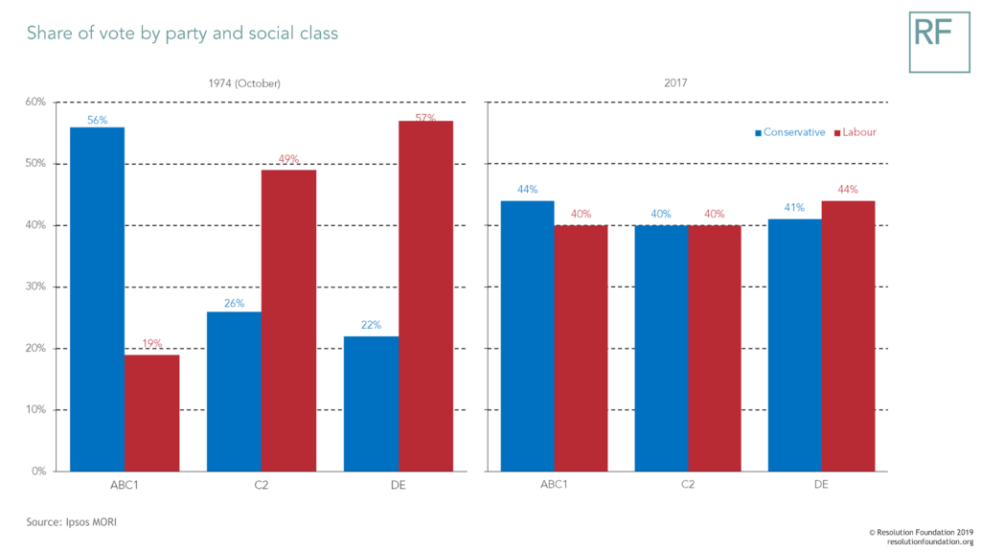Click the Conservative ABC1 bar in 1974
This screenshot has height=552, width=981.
(97, 299)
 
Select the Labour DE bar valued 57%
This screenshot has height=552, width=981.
(426, 296)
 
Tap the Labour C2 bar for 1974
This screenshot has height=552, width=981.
(288, 320)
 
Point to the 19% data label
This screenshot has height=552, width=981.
(151, 344)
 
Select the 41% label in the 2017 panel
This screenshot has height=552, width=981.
(794, 208)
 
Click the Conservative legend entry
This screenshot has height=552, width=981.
(790, 132)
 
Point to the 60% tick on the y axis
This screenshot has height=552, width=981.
(35, 102)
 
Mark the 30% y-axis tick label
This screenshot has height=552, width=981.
(35, 287)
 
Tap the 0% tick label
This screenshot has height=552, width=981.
(38, 471)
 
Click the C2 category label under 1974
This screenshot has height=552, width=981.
(262, 486)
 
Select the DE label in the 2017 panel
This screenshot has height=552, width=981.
(821, 486)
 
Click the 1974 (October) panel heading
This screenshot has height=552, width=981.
(244, 83)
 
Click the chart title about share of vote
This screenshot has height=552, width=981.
(182, 34)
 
